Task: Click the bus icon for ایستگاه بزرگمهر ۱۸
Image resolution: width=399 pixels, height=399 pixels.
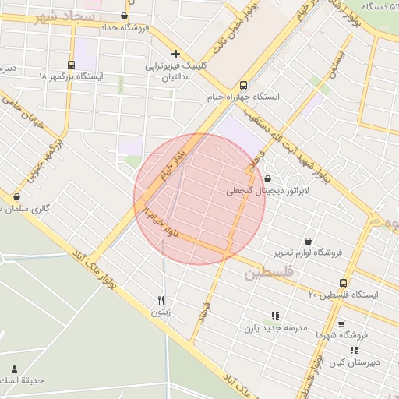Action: click(72, 65)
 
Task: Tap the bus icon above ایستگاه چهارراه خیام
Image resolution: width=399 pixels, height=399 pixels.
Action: click(244, 85)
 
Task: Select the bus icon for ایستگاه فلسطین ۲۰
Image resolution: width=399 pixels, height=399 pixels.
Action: click(343, 283)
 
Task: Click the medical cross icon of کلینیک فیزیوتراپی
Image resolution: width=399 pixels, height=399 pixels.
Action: click(176, 55)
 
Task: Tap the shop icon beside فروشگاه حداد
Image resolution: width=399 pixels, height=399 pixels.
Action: click(125, 16)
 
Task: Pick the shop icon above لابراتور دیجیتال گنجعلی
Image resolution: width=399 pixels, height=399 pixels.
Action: click(267, 178)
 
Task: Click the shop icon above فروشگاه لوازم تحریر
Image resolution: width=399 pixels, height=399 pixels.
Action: click(310, 241)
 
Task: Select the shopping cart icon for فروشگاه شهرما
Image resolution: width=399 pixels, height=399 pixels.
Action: click(341, 323)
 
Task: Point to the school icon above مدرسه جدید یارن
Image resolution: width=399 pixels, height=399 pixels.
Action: click(274, 316)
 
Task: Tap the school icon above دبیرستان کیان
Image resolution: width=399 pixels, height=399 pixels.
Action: click(355, 351)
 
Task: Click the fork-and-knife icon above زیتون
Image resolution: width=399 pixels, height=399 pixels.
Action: click(161, 300)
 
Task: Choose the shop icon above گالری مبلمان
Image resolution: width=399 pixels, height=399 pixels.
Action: click(16, 197)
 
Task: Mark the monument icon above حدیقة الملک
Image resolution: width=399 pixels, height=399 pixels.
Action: click(14, 369)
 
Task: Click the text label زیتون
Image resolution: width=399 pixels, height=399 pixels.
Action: click(161, 312)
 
